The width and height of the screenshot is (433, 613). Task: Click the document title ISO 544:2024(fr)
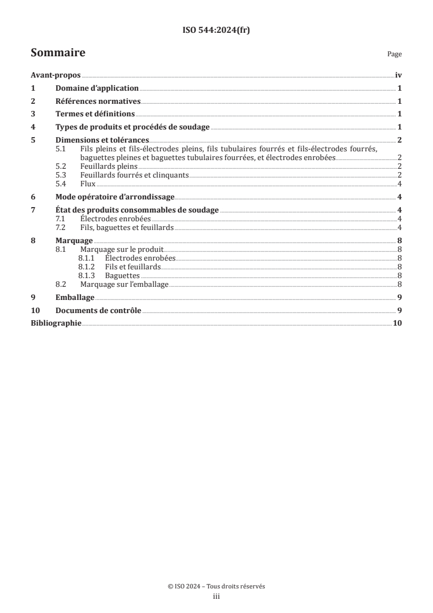216,31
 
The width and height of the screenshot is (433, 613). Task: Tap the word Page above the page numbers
394,54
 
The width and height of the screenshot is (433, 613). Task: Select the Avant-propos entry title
55,75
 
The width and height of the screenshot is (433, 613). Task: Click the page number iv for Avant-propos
399,75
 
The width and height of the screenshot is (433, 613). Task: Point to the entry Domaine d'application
97,88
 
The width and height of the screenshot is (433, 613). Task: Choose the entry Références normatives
98,101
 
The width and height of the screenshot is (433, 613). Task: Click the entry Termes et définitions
95,114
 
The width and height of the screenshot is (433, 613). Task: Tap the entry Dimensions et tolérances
102,140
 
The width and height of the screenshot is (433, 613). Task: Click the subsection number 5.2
62,166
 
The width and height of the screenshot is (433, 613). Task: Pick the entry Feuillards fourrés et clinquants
134,175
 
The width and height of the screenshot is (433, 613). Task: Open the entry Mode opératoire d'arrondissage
116,197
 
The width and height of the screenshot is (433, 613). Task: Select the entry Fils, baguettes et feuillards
127,227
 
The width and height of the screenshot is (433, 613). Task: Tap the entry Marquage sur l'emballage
124,284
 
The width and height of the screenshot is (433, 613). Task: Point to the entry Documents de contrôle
98,310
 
